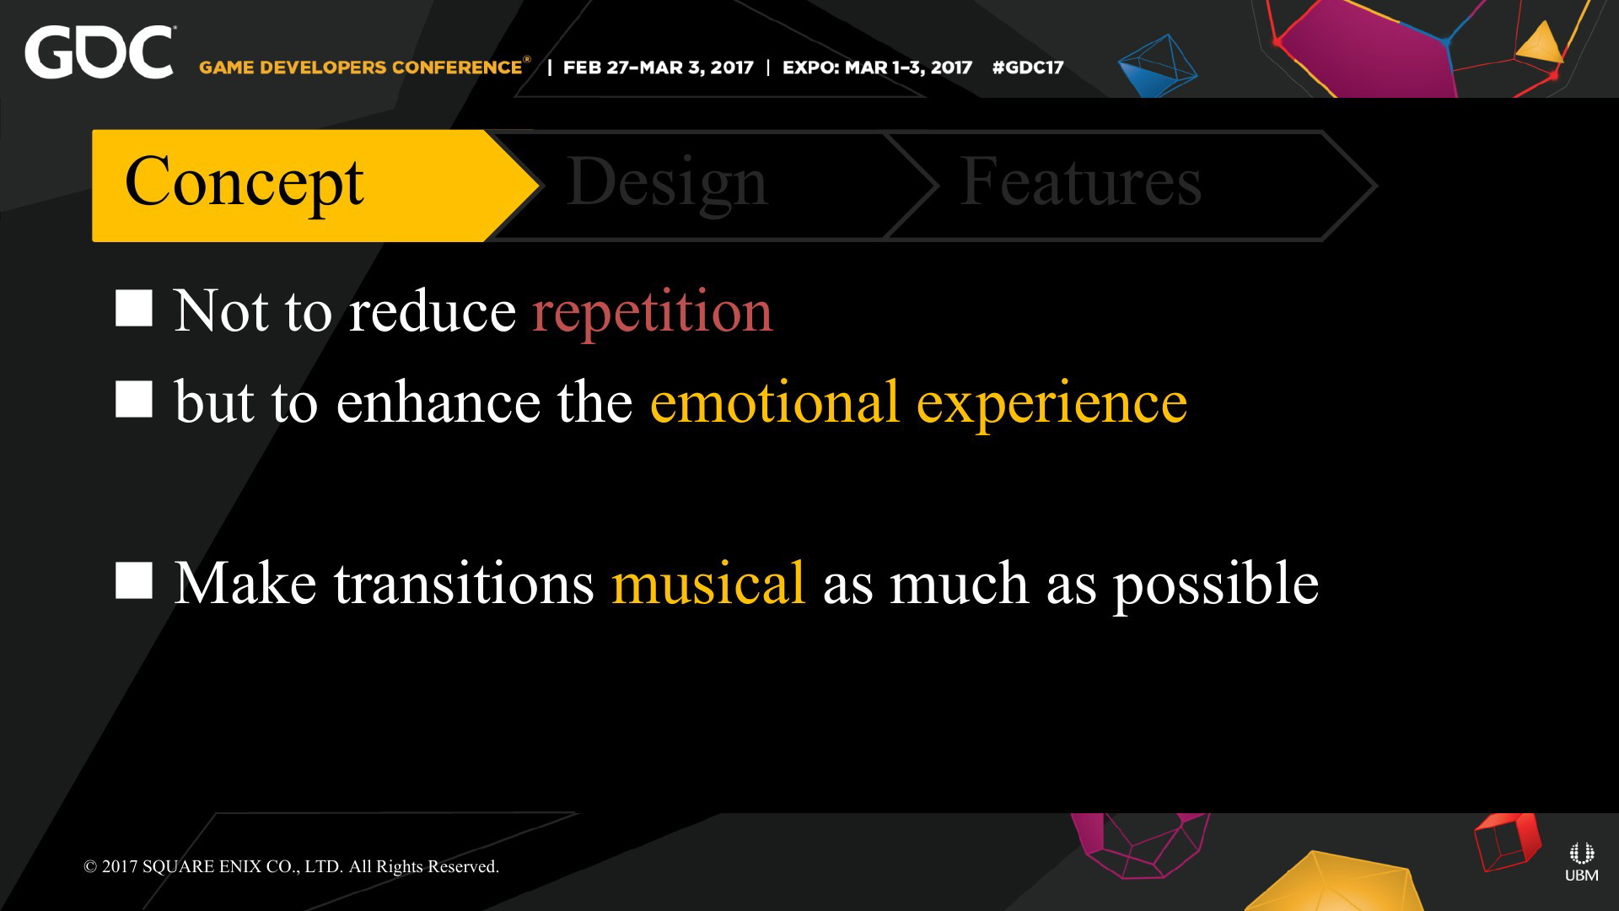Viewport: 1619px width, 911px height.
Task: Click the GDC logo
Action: [100, 52]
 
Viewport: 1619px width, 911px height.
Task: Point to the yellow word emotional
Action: [775, 402]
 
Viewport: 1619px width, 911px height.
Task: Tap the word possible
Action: [1216, 585]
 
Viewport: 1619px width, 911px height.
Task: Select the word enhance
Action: [438, 402]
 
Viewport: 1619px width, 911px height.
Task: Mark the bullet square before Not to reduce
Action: [134, 308]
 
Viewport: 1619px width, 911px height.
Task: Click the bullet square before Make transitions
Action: [134, 580]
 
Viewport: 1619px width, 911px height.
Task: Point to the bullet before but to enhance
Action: [134, 399]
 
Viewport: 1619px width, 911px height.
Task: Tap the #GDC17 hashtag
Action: [1028, 67]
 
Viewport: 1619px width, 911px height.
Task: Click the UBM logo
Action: [1581, 862]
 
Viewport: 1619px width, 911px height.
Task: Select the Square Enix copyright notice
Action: [291, 866]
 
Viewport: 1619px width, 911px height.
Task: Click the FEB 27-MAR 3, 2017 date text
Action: [658, 67]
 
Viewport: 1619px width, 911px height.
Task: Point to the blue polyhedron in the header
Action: [1158, 65]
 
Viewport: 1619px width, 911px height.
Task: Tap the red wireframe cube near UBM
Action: [1508, 841]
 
